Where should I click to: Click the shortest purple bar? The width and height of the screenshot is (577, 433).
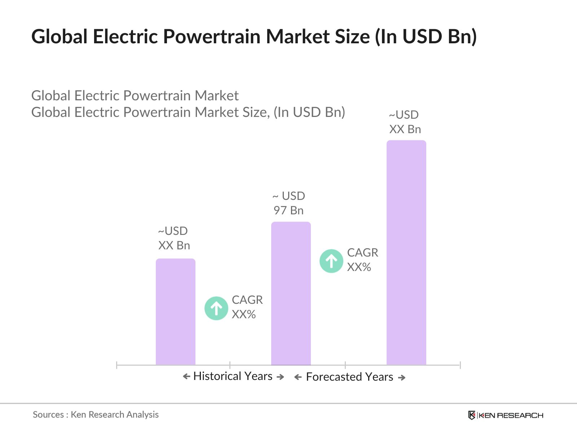tap(176, 312)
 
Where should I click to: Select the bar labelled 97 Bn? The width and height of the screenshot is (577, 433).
tap(291, 293)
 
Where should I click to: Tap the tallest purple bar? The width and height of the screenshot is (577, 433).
tap(406, 253)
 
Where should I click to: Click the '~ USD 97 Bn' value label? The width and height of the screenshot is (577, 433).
tap(288, 203)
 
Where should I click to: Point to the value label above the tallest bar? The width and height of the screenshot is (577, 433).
tap(405, 122)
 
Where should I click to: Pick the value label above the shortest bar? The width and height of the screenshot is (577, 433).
tap(174, 238)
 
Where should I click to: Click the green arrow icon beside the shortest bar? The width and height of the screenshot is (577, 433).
tap(216, 308)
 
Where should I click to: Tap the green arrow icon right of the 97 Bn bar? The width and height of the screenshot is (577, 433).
tap(331, 261)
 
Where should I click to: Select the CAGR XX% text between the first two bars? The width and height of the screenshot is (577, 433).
tap(247, 307)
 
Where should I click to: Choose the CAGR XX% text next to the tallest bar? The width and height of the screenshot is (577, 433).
tap(362, 260)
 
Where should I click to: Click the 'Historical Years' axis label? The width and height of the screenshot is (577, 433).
tap(233, 376)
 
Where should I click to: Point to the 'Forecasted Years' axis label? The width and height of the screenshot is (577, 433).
tap(349, 377)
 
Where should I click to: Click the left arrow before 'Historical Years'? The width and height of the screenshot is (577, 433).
tap(186, 377)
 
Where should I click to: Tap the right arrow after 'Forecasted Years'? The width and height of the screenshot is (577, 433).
tap(402, 377)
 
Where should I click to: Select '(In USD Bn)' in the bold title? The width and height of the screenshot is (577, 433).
tap(426, 36)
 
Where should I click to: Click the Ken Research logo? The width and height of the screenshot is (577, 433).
tap(506, 415)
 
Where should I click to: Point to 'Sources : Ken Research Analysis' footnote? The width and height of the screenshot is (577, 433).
tap(96, 415)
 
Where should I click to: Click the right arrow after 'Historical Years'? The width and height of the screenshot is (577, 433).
tap(280, 377)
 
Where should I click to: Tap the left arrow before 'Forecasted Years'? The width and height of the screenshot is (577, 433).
tap(298, 377)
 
